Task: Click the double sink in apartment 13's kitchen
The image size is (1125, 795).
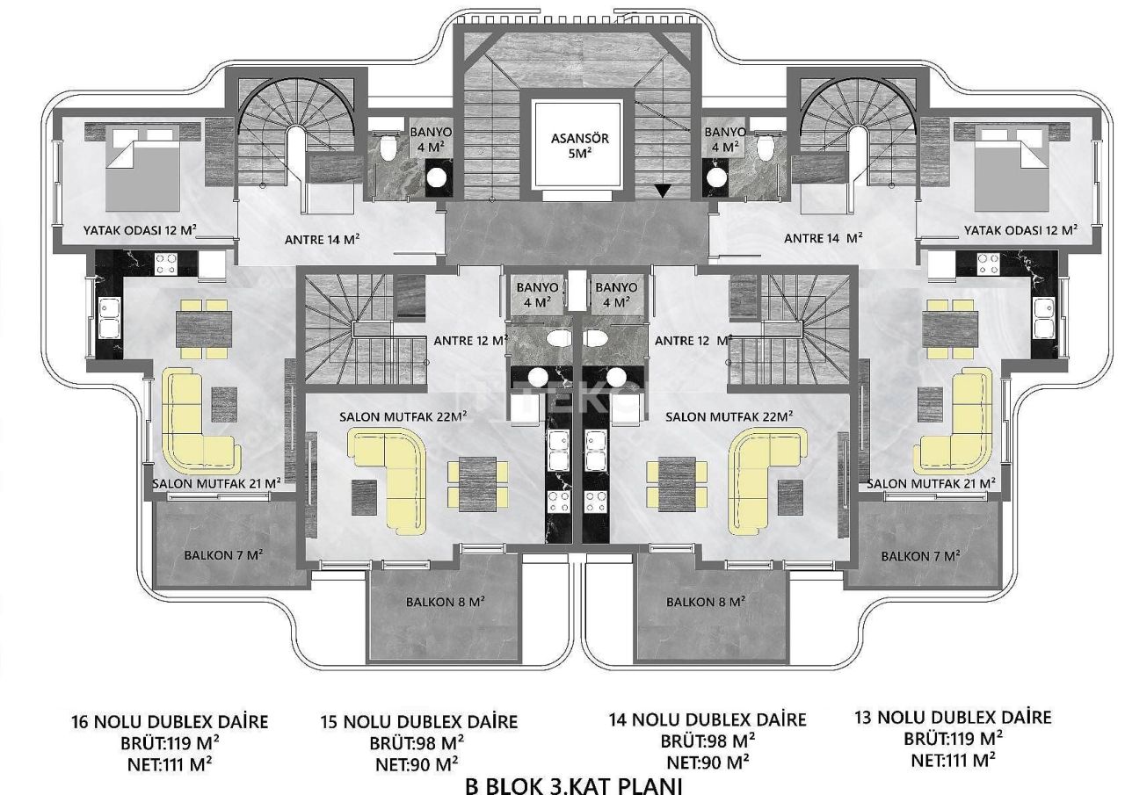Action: (x=1043, y=317)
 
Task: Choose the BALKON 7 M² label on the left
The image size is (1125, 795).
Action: (x=224, y=555)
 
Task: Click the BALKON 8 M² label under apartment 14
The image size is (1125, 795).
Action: (x=706, y=602)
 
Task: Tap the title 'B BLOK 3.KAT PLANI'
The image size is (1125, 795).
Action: (x=574, y=784)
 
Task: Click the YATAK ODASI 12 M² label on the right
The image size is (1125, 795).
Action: (x=1020, y=230)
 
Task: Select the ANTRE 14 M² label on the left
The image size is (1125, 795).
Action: (x=323, y=238)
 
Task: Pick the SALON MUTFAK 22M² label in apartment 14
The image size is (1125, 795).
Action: (x=729, y=416)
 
